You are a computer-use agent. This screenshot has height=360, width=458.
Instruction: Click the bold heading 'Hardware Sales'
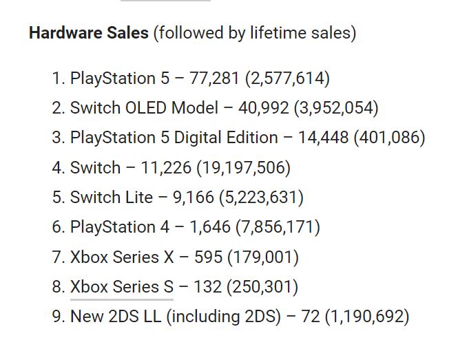click(89, 33)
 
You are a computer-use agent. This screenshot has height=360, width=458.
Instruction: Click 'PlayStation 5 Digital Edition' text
click(174, 138)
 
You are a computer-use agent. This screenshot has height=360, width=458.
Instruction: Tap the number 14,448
click(323, 138)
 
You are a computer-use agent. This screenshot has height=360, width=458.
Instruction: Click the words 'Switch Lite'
click(112, 198)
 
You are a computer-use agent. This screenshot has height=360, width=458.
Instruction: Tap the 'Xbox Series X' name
click(122, 257)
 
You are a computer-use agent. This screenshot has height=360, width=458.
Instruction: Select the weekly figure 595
click(209, 257)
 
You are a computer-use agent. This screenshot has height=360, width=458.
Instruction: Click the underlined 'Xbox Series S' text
click(122, 287)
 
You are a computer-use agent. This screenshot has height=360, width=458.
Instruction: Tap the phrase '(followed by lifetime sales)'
click(255, 33)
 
